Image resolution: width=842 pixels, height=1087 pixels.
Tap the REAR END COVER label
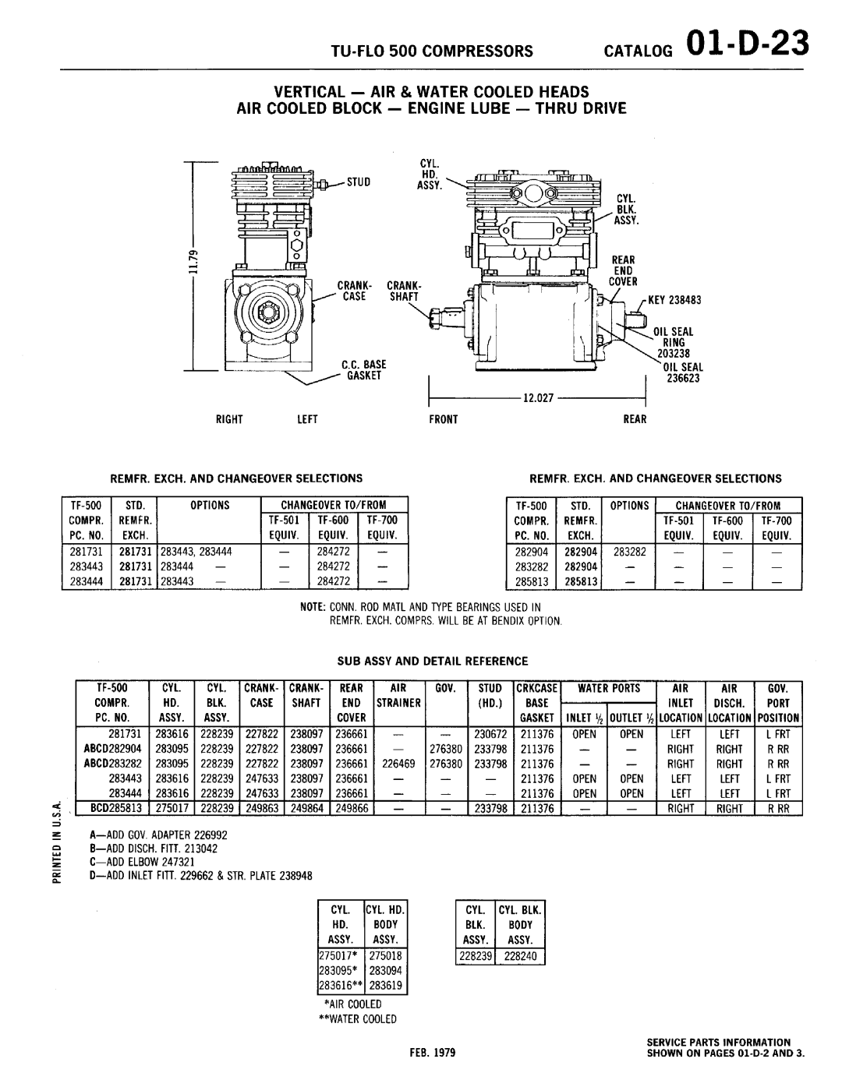click(x=624, y=270)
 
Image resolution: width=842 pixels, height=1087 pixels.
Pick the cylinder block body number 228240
click(x=520, y=955)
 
